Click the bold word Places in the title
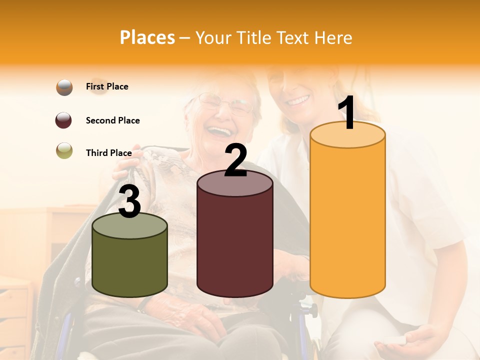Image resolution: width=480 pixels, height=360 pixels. [x=147, y=37]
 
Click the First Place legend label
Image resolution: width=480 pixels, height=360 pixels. [x=107, y=86]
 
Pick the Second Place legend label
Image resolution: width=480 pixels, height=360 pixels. [x=112, y=120]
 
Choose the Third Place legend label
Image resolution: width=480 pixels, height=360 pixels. [x=108, y=153]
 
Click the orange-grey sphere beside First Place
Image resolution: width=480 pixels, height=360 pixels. [x=64, y=87]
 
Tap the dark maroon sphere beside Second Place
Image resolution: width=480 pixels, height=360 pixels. [x=64, y=120]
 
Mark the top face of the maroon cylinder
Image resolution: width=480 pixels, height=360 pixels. [x=235, y=183]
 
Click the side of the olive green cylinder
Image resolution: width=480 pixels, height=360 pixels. [x=129, y=265]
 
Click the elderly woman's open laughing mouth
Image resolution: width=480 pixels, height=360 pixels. [x=220, y=131]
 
